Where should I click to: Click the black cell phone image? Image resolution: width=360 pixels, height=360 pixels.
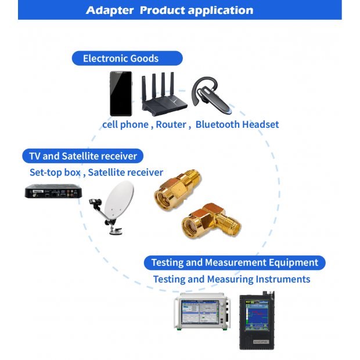tap(121, 93)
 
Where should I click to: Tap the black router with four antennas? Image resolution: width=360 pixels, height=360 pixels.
tap(165, 96)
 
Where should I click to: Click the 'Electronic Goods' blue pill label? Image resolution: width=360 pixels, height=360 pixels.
tap(127, 58)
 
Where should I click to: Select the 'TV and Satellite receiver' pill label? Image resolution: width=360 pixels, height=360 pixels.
tap(83, 156)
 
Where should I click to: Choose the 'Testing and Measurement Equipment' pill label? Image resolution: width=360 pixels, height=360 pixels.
tap(235, 262)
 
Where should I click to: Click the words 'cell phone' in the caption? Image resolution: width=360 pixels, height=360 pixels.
tap(125, 124)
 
